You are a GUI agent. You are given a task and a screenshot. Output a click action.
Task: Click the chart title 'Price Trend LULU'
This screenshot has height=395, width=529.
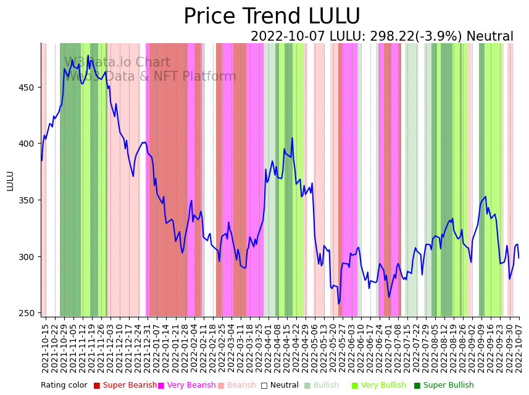(272, 17)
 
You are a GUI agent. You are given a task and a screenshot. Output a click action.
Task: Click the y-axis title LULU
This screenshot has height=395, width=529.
(10, 181)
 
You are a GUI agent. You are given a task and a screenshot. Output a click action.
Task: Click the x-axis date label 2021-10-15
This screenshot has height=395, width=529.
(45, 348)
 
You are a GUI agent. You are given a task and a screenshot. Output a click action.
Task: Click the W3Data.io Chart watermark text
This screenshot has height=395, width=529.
(117, 63)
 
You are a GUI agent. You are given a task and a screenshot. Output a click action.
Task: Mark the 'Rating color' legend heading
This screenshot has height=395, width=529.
(64, 386)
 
